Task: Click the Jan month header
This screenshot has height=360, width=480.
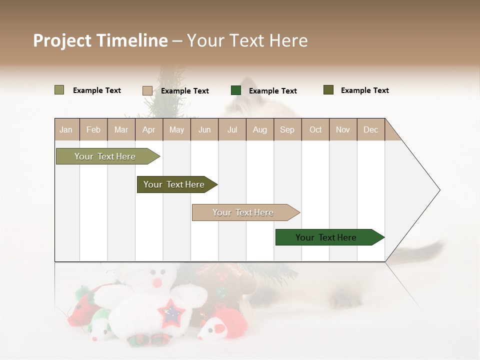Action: (x=66, y=129)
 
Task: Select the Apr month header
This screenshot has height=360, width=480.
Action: (x=148, y=129)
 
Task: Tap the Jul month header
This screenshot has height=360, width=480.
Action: (x=232, y=129)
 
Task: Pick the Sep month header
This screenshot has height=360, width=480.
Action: (x=287, y=129)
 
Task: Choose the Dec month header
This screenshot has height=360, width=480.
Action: (x=370, y=129)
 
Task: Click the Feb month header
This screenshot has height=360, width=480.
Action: (x=93, y=129)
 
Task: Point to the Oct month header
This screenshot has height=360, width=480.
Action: (x=315, y=129)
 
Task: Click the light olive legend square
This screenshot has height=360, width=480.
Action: (x=59, y=90)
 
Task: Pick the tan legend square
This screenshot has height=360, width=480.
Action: (x=147, y=90)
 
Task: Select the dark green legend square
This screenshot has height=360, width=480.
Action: (x=236, y=90)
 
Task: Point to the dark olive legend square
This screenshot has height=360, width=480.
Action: (x=328, y=90)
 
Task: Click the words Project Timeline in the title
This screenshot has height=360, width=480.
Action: (x=100, y=40)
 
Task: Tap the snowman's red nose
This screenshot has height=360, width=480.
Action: (x=157, y=283)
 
